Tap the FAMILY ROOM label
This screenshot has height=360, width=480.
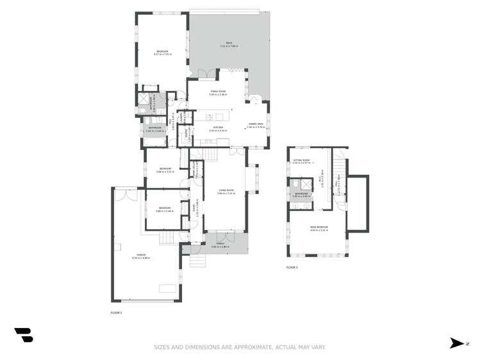[218, 92]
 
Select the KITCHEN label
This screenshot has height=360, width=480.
[218, 127]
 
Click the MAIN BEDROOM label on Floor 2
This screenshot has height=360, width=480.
[319, 227]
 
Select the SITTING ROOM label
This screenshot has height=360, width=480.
[301, 161]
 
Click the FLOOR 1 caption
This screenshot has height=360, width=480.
[116, 313]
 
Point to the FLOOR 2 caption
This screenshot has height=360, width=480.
[292, 267]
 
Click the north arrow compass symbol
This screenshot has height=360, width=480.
[458, 343]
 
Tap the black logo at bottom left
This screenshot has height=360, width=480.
[23, 335]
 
